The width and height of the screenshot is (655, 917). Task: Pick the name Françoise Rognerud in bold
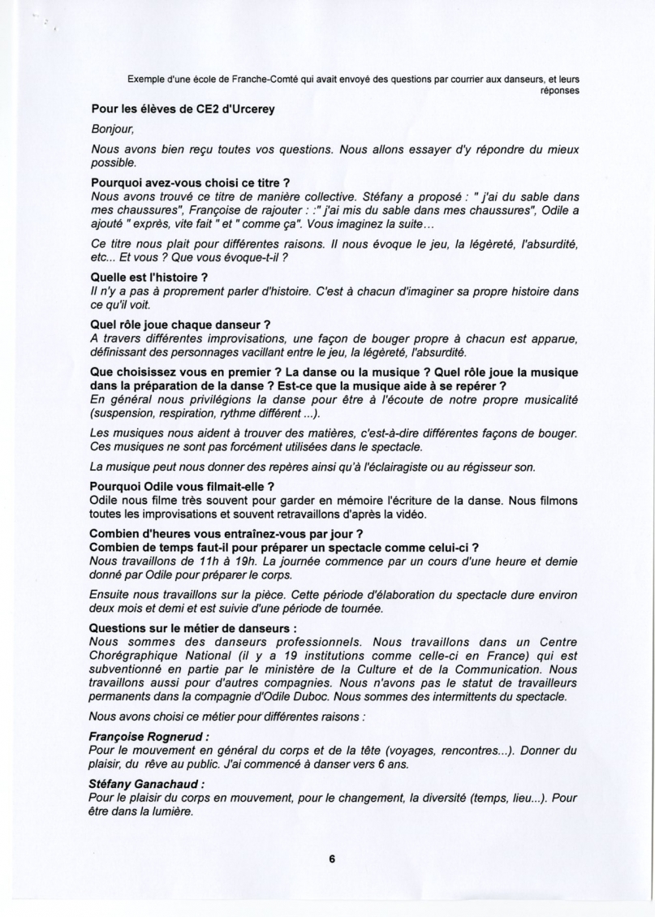point(150,737)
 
